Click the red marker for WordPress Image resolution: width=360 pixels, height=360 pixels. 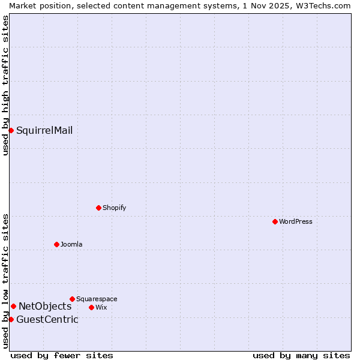tap(275, 221)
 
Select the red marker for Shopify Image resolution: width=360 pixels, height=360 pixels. tap(98, 208)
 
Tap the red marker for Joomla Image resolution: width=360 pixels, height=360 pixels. tap(56, 244)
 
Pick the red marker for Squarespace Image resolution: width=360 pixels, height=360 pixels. tap(72, 299)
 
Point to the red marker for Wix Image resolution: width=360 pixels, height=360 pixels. tap(91, 307)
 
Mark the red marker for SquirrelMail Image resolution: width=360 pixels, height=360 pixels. tap(11, 130)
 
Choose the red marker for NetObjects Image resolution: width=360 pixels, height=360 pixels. tap(13, 306)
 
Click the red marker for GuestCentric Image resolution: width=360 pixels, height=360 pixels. tap(11, 319)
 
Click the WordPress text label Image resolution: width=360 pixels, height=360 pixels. tap(296, 221)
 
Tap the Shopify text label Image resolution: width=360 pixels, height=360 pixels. tap(115, 208)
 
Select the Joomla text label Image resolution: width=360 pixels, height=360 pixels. tap(71, 244)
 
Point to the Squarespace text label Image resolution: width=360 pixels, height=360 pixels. tap(97, 299)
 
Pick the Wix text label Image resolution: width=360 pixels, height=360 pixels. tap(101, 307)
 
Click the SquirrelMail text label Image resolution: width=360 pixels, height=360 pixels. tap(44, 130)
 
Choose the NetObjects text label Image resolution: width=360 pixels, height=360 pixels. tap(45, 307)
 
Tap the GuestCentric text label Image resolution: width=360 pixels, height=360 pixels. tap(47, 319)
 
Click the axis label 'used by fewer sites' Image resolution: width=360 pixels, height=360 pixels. tap(62, 355)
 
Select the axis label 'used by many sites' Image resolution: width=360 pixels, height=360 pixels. tap(301, 355)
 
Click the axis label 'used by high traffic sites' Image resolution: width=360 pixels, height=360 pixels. tap(5, 85)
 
